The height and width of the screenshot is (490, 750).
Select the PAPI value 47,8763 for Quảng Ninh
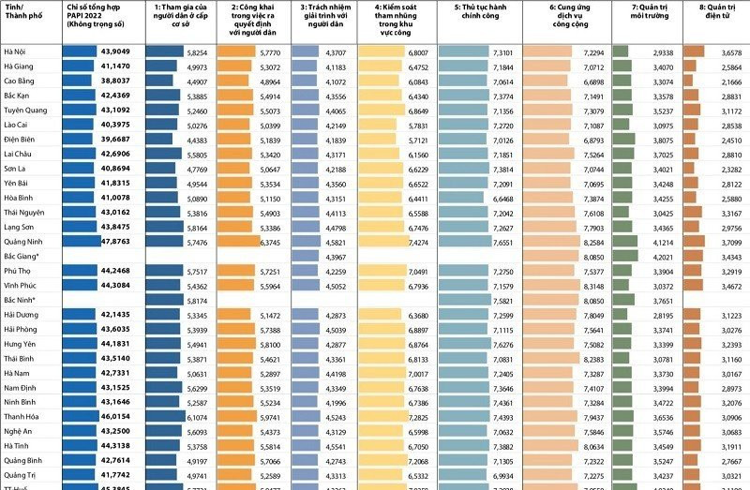pos(116,241)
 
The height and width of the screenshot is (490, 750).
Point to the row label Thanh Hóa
pos(22,416)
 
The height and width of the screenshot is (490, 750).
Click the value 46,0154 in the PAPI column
pos(116,416)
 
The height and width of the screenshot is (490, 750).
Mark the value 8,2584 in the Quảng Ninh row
pos(592,241)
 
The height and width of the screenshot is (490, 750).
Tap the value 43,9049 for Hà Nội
pos(116,52)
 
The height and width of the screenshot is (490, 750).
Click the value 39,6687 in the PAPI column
pos(116,140)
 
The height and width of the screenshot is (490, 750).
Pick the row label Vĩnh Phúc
pos(21,285)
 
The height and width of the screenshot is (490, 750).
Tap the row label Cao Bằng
pos(20,82)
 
